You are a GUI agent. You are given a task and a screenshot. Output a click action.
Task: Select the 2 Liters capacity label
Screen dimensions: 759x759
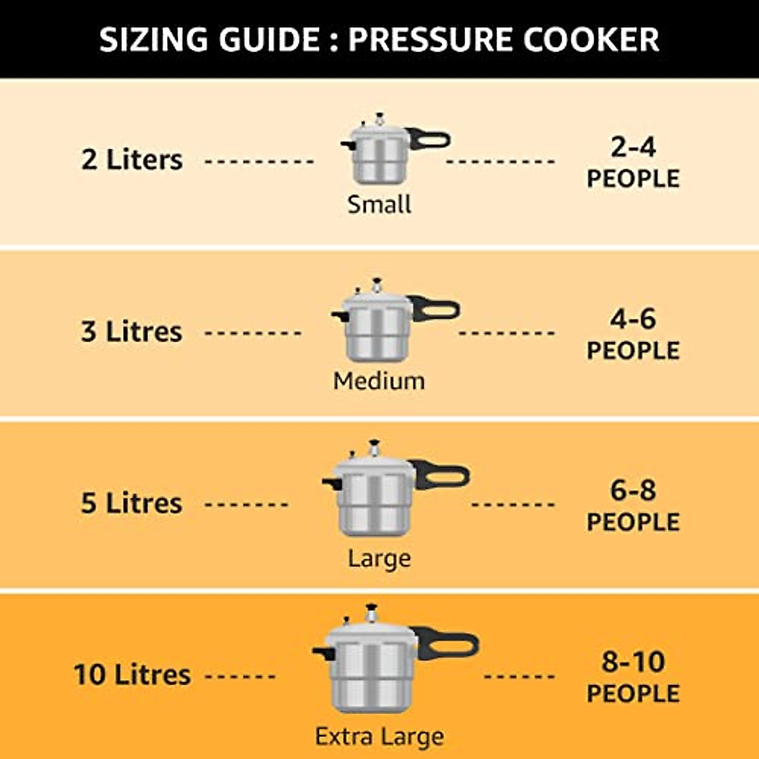[x=132, y=159]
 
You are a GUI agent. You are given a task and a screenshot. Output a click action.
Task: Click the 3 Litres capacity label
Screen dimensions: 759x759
[x=132, y=331]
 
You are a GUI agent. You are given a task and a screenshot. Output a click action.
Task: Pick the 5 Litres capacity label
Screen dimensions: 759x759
[x=132, y=503]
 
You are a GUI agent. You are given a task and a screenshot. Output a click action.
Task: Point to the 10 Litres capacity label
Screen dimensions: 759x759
[x=132, y=674]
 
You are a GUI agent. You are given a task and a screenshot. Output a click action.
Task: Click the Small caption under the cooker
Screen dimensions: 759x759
[x=379, y=204]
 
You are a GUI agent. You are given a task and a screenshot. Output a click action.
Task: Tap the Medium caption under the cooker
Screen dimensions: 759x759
[x=379, y=381]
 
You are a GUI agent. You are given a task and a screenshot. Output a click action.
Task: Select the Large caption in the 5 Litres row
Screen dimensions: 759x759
[x=379, y=558]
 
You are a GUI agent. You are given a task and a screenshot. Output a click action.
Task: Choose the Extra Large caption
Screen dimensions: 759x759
[x=379, y=737]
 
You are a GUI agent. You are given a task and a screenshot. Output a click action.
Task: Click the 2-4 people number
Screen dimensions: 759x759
[x=633, y=147]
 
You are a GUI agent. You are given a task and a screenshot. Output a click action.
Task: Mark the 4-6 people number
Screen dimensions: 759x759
[x=633, y=319]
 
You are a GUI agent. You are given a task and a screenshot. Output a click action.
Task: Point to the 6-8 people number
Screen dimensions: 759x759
[x=633, y=490]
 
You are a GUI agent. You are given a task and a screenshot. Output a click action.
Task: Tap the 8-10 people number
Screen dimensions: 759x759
[x=633, y=662]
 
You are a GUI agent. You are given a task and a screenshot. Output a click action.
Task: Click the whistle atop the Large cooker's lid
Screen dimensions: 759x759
[x=375, y=445]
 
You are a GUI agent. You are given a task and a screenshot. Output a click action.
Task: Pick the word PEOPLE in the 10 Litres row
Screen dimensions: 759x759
[x=633, y=694]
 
